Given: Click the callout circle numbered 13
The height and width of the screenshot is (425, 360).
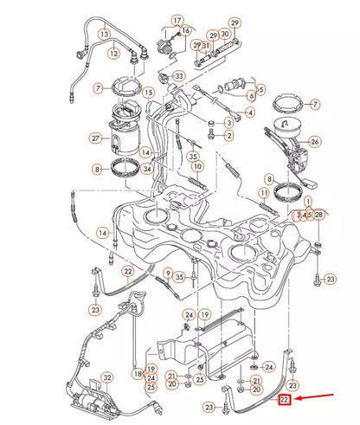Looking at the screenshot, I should [105, 35].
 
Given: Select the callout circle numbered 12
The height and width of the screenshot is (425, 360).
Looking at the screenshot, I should [112, 54].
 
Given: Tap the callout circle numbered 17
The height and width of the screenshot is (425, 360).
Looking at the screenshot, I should [177, 20].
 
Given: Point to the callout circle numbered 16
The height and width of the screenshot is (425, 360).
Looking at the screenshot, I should [185, 30].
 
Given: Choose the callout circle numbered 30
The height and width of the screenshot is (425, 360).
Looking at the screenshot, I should [224, 35].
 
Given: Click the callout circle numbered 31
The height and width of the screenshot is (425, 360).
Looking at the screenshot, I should [205, 45].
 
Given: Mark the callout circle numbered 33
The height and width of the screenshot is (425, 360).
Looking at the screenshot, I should [179, 76].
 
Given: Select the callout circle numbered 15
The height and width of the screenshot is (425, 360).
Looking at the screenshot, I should [149, 93].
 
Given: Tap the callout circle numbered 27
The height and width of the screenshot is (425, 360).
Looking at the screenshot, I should [96, 138].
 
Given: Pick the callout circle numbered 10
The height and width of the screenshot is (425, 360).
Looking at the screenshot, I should [197, 166].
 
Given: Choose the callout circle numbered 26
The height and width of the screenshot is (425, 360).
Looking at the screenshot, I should [315, 142].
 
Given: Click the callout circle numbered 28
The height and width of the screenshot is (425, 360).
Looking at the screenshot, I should [319, 214].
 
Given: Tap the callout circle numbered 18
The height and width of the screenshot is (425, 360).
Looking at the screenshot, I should [138, 373].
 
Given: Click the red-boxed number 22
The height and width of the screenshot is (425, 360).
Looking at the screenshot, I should [285, 401].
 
